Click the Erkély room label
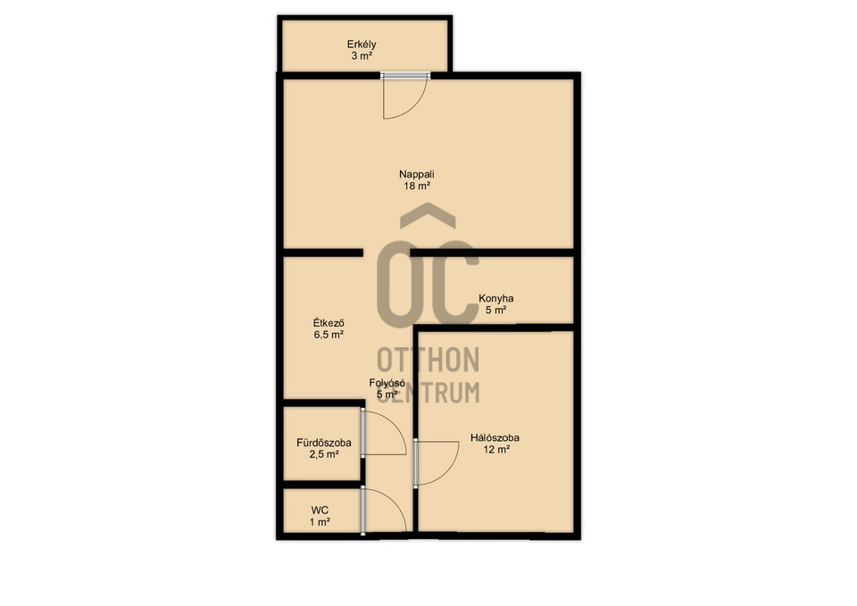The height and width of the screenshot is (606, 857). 362,45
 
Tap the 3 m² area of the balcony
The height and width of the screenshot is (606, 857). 362,55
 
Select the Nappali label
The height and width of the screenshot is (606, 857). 417,174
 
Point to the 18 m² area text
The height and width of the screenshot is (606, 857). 417,186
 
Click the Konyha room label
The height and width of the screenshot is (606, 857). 495,298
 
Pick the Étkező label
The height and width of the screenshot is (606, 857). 329,323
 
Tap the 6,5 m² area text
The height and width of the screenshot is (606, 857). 329,335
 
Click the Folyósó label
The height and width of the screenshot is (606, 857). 387,383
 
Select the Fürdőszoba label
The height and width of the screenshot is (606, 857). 324,443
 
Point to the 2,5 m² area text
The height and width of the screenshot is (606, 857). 324,454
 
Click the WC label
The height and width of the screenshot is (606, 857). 320,511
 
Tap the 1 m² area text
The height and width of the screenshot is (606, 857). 320,522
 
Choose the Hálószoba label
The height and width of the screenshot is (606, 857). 495,437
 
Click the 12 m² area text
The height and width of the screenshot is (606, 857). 496,450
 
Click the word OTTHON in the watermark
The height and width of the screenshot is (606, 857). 428,360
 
